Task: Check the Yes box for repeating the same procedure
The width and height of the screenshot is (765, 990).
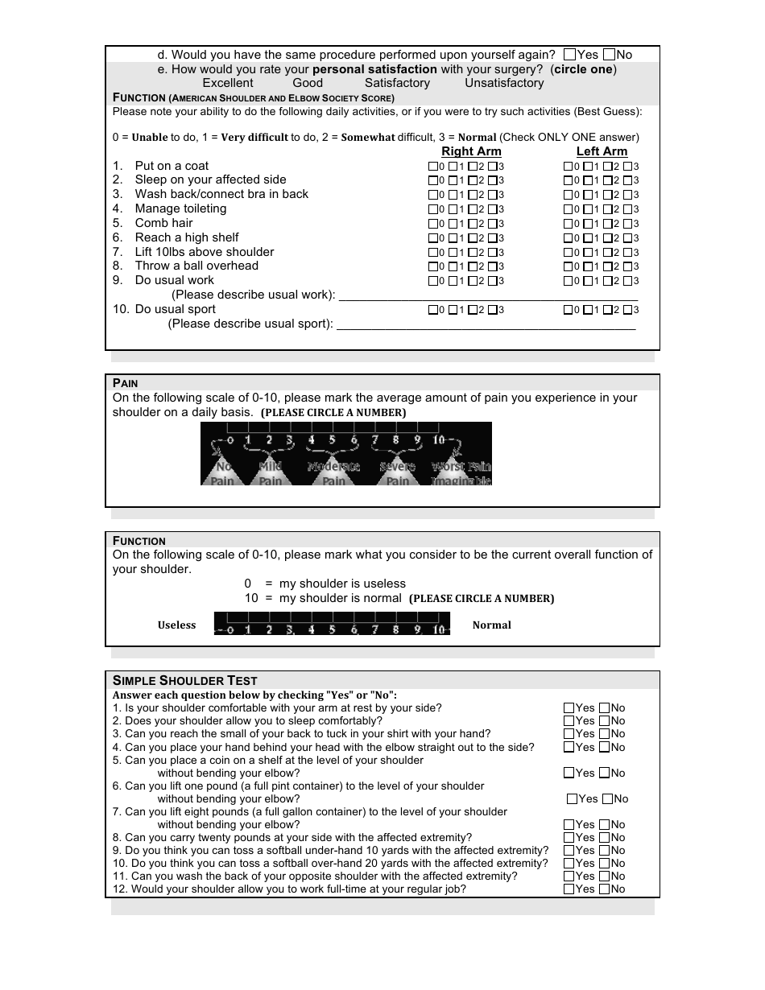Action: pos(570,55)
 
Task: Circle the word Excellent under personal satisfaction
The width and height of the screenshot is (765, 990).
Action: pos(227,83)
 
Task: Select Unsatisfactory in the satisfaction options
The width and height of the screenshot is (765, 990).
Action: pos(504,83)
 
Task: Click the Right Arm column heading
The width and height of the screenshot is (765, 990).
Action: pos(471,151)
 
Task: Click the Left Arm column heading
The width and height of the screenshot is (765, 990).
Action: pos(602,151)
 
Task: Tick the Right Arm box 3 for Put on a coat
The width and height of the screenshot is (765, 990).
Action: pos(492,167)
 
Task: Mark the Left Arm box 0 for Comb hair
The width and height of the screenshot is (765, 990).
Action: pos(568,224)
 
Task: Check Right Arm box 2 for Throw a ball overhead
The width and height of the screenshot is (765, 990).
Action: pos(473,266)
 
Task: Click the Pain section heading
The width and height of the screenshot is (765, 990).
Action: pos(126,383)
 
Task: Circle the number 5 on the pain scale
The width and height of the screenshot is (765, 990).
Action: pos(333,440)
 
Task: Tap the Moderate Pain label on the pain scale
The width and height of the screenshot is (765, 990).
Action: pos(333,473)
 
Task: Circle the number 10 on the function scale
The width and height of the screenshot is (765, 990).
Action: pos(439,629)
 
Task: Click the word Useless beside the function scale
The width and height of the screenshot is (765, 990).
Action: pos(176,625)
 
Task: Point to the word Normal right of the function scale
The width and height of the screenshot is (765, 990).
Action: pos(491,625)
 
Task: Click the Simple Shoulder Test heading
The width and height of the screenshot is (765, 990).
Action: pos(185,680)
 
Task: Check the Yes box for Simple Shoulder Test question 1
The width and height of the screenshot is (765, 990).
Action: pos(569,708)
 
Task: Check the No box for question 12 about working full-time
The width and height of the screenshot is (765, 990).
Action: pos(604,889)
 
